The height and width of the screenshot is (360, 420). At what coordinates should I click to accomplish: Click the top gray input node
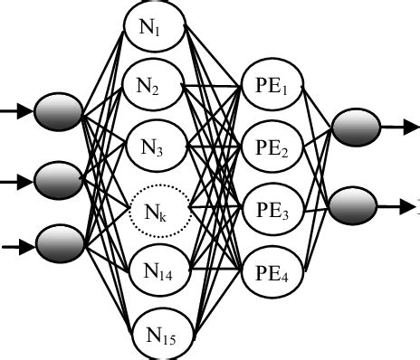59,114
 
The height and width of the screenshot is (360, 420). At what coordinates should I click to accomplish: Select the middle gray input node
59,178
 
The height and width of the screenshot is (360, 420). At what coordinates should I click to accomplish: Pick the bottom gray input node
59,242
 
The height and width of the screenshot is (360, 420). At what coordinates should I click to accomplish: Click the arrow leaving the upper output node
396,128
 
